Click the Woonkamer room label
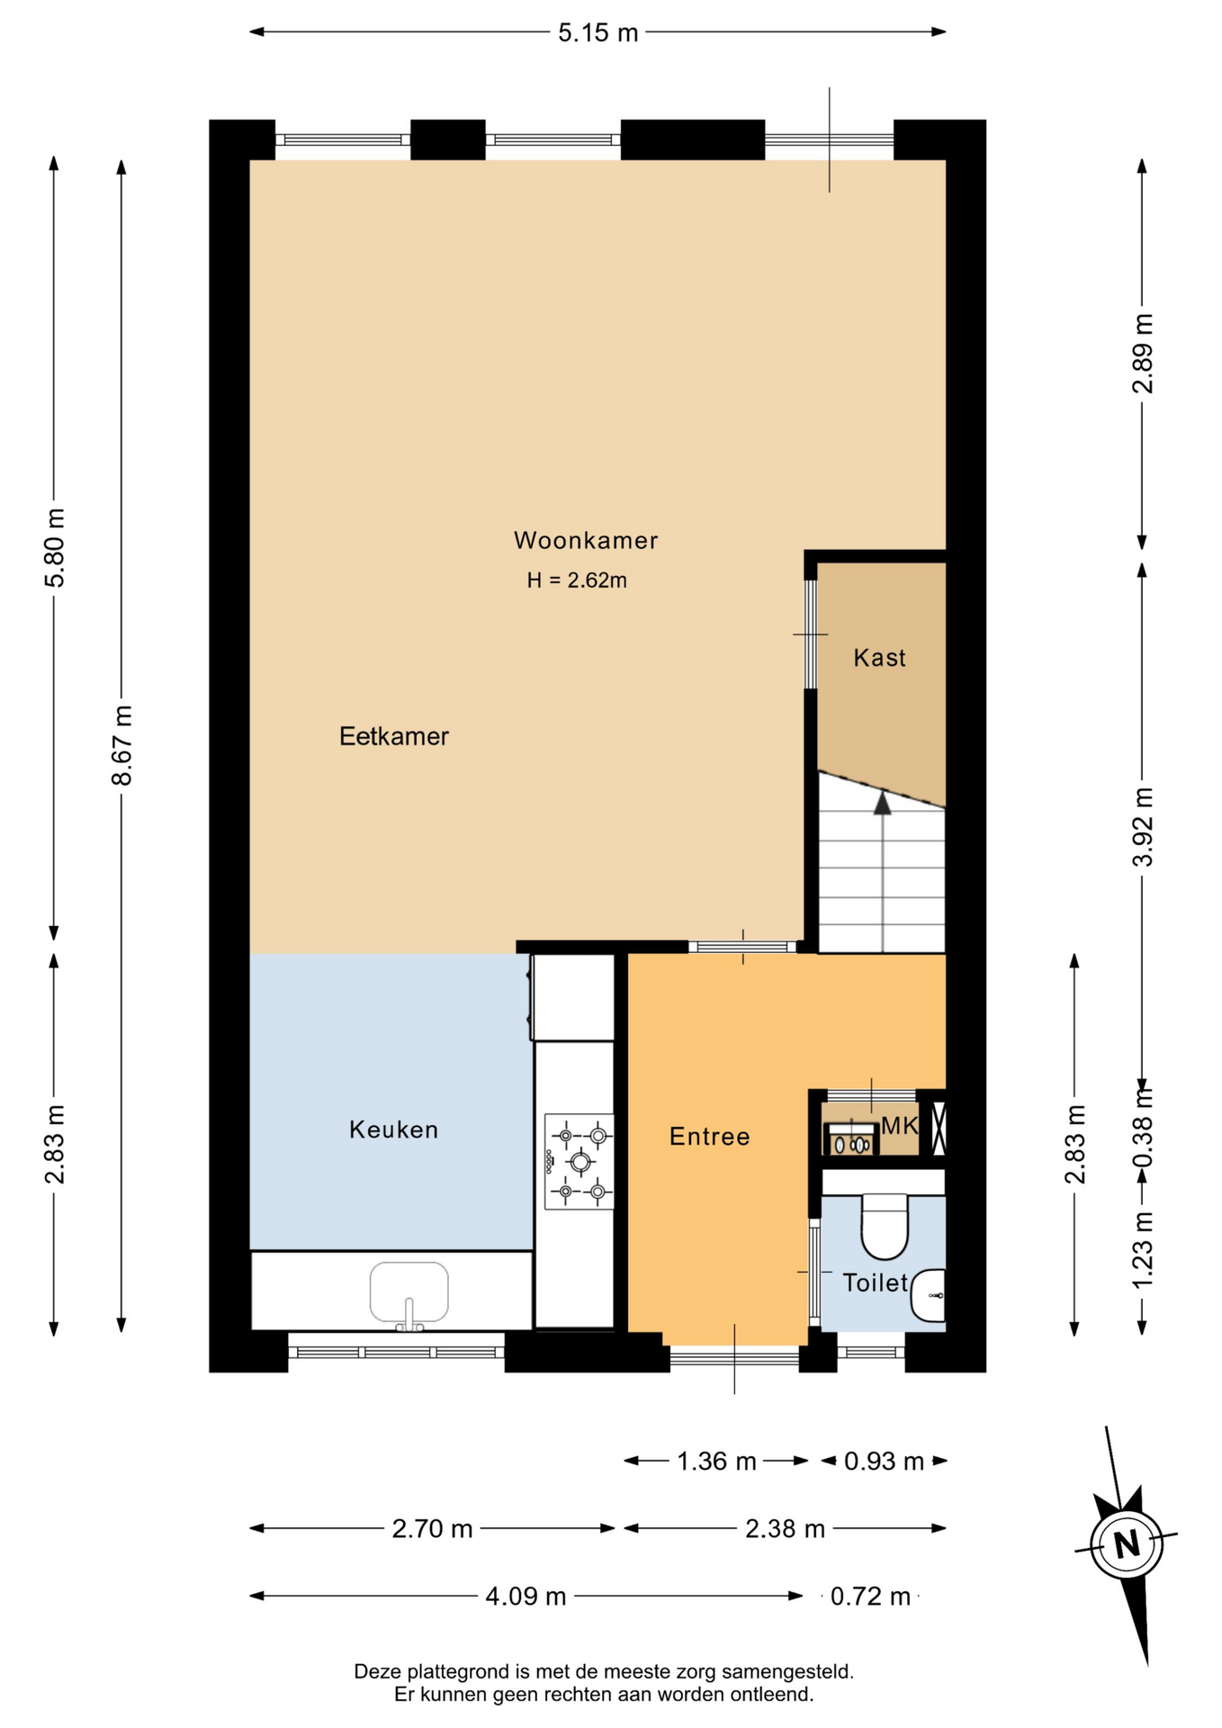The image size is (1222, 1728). click(x=586, y=540)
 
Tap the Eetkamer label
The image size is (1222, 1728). click(x=393, y=736)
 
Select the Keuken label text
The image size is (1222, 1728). click(x=393, y=1129)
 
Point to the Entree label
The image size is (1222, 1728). click(x=709, y=1137)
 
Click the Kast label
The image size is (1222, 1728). click(x=879, y=658)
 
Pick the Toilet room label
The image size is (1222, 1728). click(x=875, y=1282)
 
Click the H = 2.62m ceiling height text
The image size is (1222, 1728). click(x=577, y=580)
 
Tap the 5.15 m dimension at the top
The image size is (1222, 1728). click(x=598, y=32)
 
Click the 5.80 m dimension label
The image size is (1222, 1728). click(x=55, y=547)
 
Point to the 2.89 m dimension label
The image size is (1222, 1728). click(x=1143, y=354)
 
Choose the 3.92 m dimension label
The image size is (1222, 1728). click(x=1143, y=826)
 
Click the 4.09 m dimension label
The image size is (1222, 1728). click(x=526, y=1596)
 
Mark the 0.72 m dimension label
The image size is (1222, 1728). click(x=870, y=1596)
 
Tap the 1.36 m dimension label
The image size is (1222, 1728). click(x=716, y=1461)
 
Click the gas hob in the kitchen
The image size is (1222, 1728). click(x=580, y=1162)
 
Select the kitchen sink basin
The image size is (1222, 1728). click(x=409, y=1291)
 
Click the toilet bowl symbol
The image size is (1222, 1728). click(x=885, y=1226)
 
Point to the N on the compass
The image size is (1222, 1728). click(x=1127, y=1544)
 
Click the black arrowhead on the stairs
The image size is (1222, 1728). click(x=883, y=803)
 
